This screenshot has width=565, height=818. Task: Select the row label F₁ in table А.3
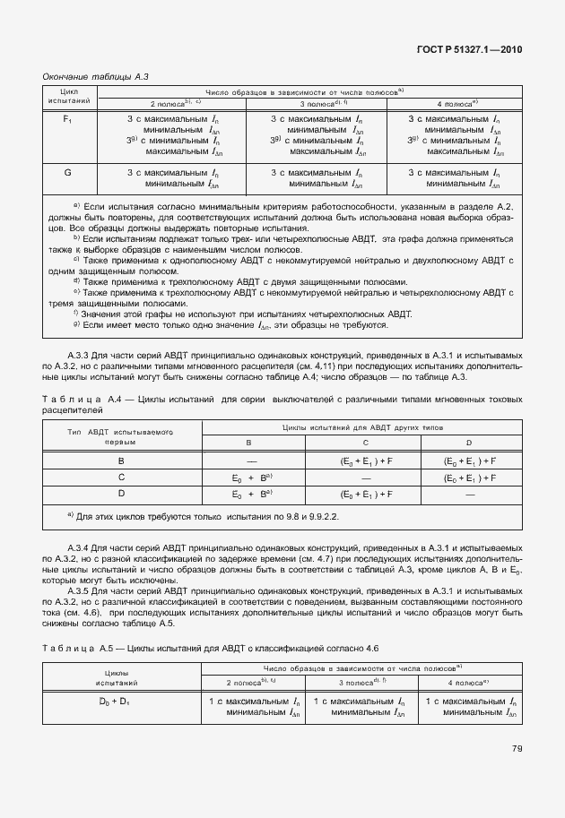tap(68, 119)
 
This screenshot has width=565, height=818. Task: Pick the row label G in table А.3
tap(68, 172)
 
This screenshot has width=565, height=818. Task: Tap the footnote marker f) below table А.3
tap(74, 313)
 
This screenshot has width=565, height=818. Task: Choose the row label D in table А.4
tap(121, 495)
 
